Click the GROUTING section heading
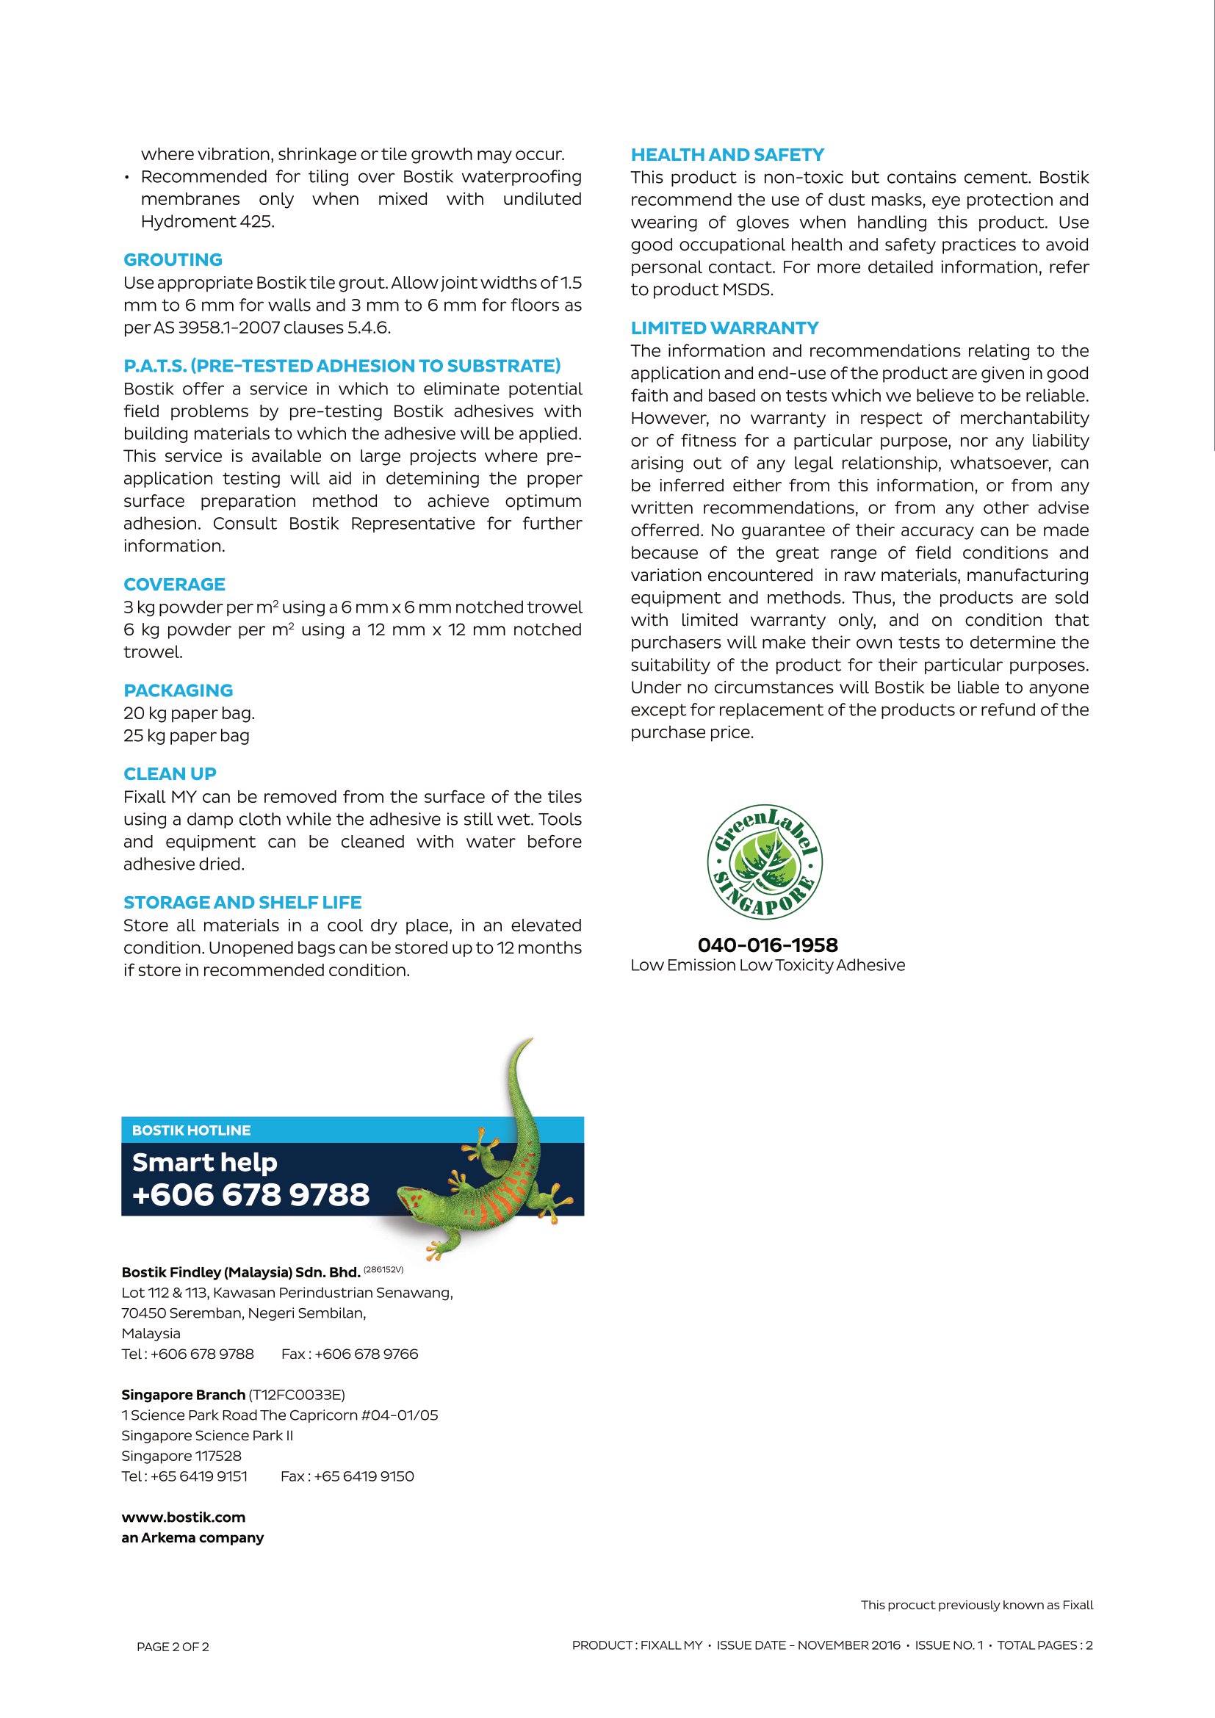tap(173, 259)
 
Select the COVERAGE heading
tap(174, 585)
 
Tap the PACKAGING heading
tap(178, 690)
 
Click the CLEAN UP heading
tap(170, 773)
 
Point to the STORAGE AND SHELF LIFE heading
tap(242, 903)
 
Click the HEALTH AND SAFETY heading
tap(727, 155)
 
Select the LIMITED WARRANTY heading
tap(724, 328)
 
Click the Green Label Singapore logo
tap(765, 863)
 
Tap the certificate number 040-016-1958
tap(768, 945)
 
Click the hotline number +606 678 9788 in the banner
tap(250, 1195)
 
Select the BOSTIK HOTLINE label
tap(192, 1130)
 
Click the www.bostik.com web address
tap(184, 1517)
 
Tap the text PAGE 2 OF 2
tap(173, 1646)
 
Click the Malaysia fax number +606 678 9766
tap(366, 1354)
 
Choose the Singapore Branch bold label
tap(184, 1395)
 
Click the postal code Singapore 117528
tap(181, 1455)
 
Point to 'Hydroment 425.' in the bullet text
tap(207, 222)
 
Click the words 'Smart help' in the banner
tap(204, 1162)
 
